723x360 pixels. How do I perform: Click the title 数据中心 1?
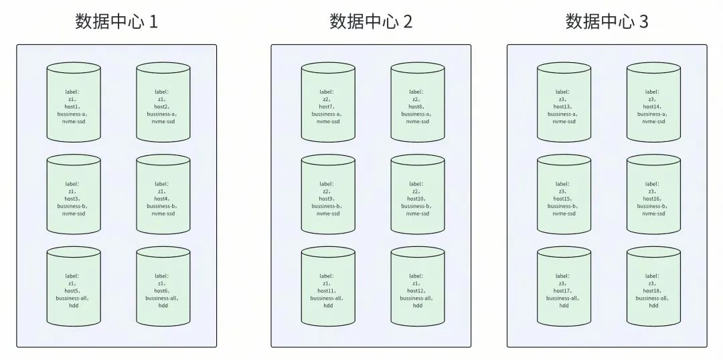116,22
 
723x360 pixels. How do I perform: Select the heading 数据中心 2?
371,22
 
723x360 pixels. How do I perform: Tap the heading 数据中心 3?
607,22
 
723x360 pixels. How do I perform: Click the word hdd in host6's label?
163,306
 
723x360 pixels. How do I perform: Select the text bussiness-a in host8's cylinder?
418,114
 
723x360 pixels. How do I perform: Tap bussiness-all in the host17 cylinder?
564,298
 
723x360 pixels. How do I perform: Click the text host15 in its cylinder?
563,199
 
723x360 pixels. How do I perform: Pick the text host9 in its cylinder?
327,199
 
